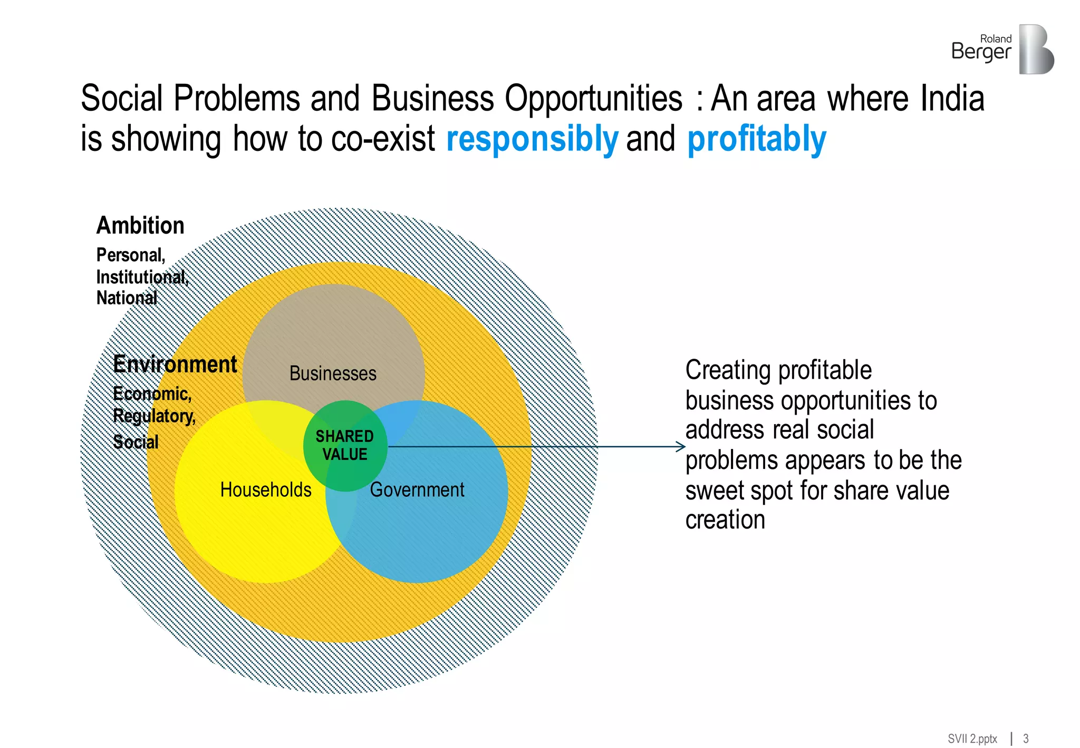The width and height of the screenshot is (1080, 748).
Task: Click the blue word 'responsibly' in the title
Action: [x=532, y=139]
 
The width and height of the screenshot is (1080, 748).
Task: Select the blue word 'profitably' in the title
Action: [x=756, y=139]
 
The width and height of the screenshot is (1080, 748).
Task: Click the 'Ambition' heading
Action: [x=140, y=226]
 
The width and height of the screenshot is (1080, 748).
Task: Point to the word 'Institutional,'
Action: [x=142, y=277]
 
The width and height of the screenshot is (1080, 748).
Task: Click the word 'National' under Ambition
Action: [x=127, y=298]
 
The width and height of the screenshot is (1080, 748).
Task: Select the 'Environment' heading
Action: [x=175, y=365]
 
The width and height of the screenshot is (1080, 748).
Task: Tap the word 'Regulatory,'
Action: [x=154, y=416]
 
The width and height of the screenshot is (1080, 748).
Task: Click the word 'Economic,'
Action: [x=152, y=394]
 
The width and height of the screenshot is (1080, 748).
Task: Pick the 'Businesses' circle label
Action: [x=333, y=373]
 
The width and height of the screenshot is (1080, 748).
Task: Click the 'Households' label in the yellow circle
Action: [x=266, y=490]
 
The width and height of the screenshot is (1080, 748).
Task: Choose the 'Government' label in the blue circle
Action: [x=417, y=490]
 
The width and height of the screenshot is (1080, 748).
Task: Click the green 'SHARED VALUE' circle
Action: [x=345, y=446]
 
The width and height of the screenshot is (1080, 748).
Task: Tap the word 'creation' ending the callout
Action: [x=725, y=520]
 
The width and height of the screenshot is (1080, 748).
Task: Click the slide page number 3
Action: [x=1026, y=739]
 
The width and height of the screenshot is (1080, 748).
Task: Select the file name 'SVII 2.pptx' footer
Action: [x=972, y=739]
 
